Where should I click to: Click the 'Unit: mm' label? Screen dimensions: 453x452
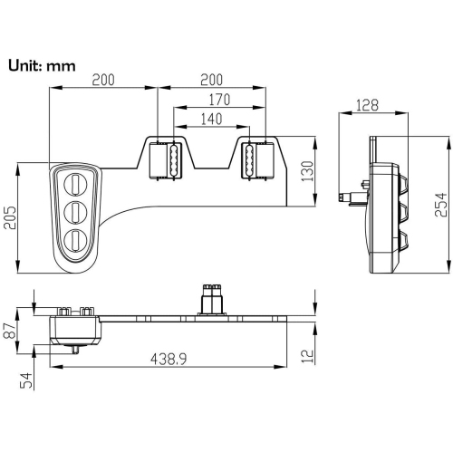point(42,66)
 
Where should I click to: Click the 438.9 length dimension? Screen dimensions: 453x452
point(169,359)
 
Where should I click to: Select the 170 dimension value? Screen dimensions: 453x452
point(219,100)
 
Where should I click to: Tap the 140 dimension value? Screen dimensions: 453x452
point(211,119)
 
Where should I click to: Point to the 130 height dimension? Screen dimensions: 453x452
point(308,171)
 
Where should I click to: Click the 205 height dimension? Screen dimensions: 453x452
point(10,217)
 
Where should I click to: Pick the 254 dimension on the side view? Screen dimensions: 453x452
point(440,205)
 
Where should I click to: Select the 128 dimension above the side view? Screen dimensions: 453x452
point(367,105)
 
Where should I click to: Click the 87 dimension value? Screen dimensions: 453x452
point(10,331)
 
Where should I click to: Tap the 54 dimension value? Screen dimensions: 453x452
point(26,380)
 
